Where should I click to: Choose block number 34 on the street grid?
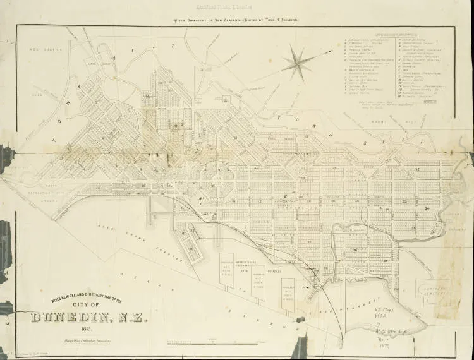pos(427,208)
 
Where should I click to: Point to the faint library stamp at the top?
pos(237,9)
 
